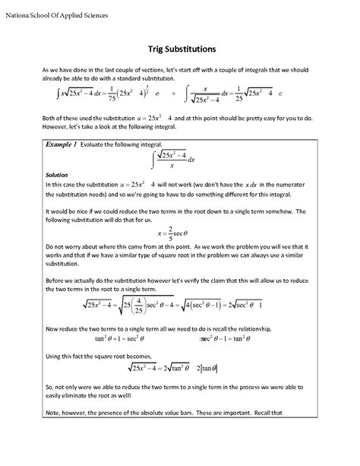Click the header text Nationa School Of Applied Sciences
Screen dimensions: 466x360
pos(56,15)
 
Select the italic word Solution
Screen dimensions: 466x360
pos(57,174)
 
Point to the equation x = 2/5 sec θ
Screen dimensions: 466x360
pos(179,234)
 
